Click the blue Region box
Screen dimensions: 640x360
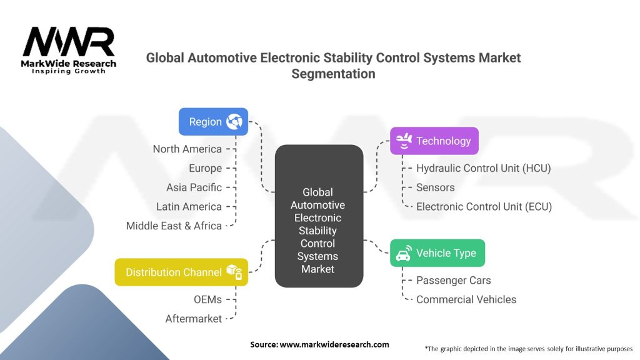coord(213,121)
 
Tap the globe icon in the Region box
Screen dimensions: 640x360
coord(234,121)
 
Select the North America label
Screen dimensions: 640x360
coord(187,149)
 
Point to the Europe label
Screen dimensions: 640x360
coord(205,168)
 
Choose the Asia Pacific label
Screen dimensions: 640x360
coord(194,187)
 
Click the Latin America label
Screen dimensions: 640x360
coord(189,206)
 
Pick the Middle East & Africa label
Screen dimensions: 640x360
coord(174,226)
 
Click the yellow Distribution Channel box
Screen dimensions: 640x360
coord(181,272)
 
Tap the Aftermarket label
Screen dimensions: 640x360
coord(193,319)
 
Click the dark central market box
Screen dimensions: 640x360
coord(318,216)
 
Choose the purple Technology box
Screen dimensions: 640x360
coord(434,141)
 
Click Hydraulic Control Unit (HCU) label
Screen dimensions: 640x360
coord(483,168)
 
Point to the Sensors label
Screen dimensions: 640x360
coord(435,187)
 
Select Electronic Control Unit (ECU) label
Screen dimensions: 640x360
coord(484,206)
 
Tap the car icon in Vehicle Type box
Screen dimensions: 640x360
coord(404,254)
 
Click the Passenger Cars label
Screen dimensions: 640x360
coord(453,280)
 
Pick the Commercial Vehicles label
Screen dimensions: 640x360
coord(466,299)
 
